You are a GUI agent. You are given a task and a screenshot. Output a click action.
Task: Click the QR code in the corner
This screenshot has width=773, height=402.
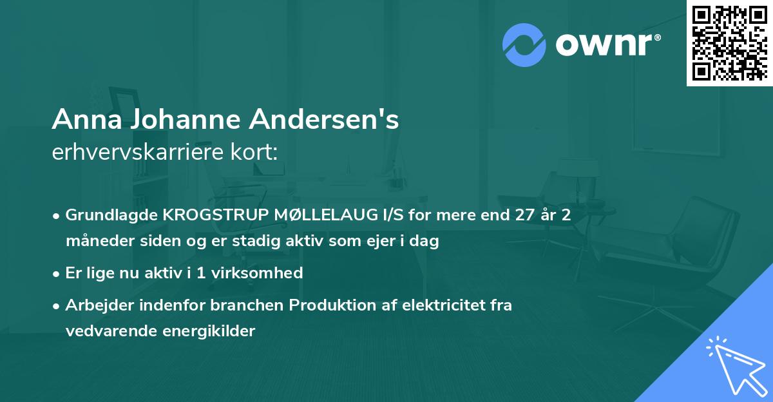point(729,43)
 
